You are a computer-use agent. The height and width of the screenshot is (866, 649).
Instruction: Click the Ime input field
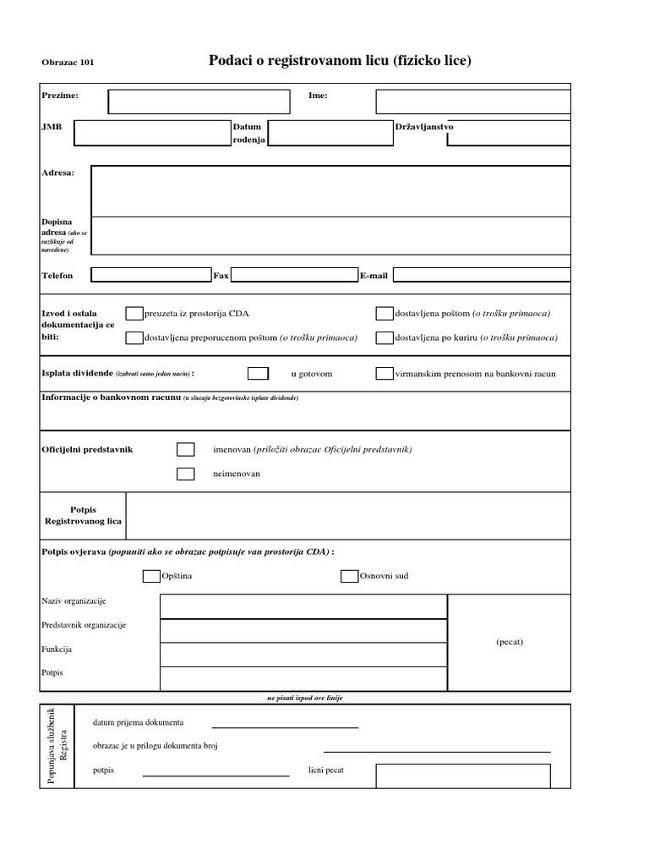(472, 101)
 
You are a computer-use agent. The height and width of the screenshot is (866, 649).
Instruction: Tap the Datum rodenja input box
(330, 133)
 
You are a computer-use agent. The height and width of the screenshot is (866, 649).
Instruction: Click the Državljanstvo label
(424, 126)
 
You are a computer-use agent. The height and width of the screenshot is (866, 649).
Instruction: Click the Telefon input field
(151, 275)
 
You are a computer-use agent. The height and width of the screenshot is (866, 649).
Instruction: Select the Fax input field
(294, 275)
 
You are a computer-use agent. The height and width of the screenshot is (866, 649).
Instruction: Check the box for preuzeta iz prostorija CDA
(134, 314)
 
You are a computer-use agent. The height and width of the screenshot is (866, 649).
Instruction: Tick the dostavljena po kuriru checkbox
(384, 337)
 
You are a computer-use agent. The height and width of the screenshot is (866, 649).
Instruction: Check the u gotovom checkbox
(259, 373)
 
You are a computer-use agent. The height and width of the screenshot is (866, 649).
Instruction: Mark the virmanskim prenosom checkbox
(384, 373)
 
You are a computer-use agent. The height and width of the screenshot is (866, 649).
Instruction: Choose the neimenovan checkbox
(185, 474)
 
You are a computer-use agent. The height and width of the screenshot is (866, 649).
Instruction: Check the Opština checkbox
(151, 576)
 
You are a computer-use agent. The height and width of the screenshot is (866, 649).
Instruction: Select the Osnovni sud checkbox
(349, 576)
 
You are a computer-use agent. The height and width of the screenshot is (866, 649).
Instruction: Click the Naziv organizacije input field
(303, 606)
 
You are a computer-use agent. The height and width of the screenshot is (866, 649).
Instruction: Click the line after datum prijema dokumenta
(285, 726)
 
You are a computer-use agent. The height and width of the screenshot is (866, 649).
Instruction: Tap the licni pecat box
(462, 775)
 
